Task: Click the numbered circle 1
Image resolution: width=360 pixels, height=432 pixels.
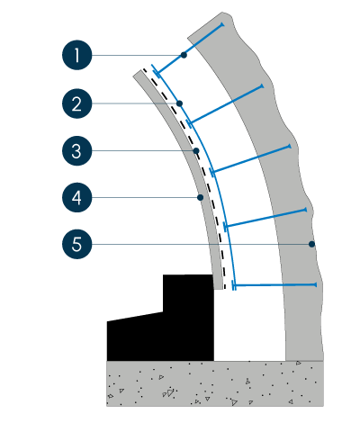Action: (77, 55)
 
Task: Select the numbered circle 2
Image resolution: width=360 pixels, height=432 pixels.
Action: (77, 103)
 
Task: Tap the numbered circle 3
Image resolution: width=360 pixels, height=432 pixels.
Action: (77, 150)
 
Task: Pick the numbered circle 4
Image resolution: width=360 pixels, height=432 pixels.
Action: (77, 197)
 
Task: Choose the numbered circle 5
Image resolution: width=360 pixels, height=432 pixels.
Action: (77, 244)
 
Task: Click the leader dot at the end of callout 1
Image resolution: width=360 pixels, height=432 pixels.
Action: (184, 55)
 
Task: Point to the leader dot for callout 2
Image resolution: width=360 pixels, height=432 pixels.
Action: (179, 103)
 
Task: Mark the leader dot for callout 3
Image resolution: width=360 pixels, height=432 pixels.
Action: (196, 150)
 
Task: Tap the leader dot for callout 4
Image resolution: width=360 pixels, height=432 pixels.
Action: (201, 197)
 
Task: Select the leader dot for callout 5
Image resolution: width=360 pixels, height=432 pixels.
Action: (311, 244)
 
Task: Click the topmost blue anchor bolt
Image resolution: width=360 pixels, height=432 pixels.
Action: (190, 49)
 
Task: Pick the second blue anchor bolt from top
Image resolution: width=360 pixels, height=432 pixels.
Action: (226, 104)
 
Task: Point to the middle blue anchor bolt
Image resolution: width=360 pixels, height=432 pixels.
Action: (251, 159)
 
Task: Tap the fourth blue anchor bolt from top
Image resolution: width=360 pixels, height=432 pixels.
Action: (265, 219)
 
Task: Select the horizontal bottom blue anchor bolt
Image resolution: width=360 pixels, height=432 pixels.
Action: (274, 285)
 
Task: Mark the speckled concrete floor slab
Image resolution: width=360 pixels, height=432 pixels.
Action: (215, 383)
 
